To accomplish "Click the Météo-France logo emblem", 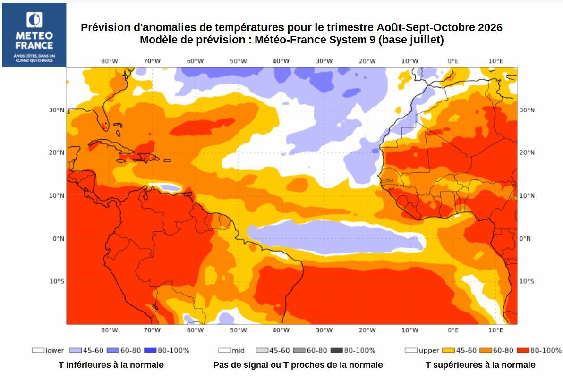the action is pyautogui.click(x=34, y=20).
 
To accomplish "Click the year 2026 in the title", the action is pyautogui.click(x=490, y=28).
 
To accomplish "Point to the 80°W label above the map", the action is pyautogui.click(x=110, y=61).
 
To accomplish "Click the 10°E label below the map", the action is pyautogui.click(x=496, y=330).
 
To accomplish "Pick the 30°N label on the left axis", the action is pyautogui.click(x=57, y=110).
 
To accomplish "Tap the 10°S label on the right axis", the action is pyautogui.click(x=527, y=281).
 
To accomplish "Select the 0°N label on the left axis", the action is pyautogui.click(x=59, y=239).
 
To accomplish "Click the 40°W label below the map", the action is pyautogui.click(x=281, y=330).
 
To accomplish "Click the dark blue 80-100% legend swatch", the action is pyautogui.click(x=150, y=350).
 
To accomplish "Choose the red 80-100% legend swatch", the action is pyautogui.click(x=523, y=350).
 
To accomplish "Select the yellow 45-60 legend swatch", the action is pyautogui.click(x=448, y=350).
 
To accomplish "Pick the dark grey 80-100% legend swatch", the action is pyautogui.click(x=336, y=350).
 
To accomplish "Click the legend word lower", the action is pyautogui.click(x=55, y=350).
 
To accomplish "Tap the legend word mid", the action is pyautogui.click(x=238, y=350).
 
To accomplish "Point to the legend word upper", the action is pyautogui.click(x=429, y=351).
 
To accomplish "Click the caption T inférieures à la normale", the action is pyautogui.click(x=111, y=365).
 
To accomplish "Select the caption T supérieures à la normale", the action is pyautogui.click(x=480, y=365).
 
